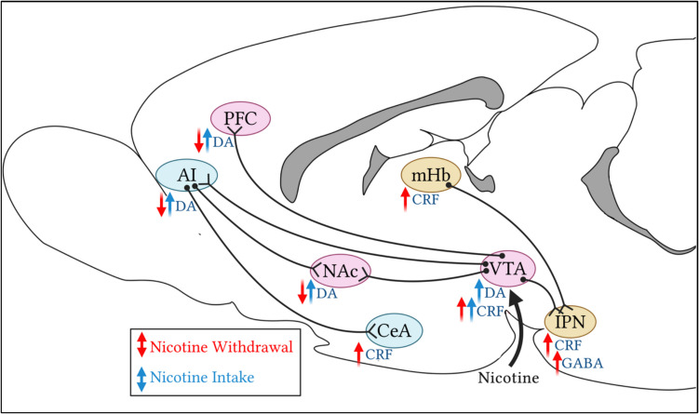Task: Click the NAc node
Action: [x=340, y=270]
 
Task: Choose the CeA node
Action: [x=395, y=329]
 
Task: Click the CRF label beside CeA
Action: [x=379, y=355]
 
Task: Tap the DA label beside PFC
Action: [x=223, y=142]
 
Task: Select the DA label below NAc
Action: [x=327, y=294]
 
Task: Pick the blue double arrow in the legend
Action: [x=142, y=378]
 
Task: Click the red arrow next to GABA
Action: [x=558, y=362]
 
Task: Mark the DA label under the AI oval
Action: [x=185, y=206]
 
